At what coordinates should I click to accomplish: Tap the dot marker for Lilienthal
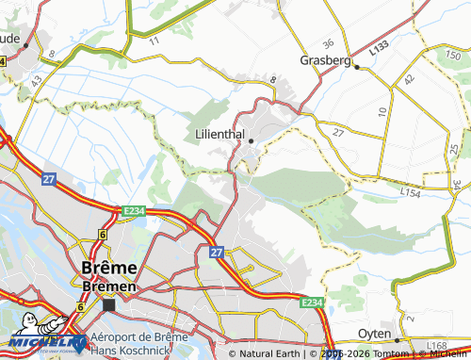252,141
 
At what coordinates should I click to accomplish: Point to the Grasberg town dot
355,66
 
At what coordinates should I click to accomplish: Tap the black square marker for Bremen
109,304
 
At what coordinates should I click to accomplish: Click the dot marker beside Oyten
398,339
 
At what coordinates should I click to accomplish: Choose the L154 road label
410,192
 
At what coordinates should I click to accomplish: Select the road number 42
410,81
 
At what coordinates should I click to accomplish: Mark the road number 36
328,43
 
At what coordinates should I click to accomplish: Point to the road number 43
37,82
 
